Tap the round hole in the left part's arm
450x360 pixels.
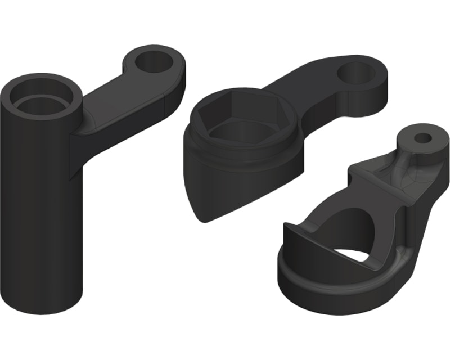tap(152, 60)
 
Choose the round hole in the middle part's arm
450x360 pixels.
tap(358, 73)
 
